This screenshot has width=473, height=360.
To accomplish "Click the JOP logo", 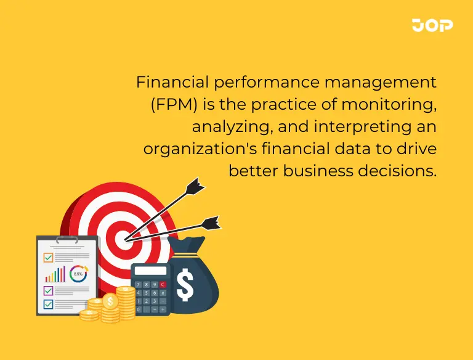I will point(432,25).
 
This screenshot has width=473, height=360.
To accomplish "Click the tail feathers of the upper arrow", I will point(195,184).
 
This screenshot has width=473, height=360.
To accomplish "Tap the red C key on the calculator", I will point(163,285).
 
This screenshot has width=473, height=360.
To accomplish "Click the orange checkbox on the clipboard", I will point(48,257).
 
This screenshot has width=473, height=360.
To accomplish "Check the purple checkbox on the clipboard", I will point(48,290).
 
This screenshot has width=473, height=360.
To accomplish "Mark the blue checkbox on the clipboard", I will point(48,303).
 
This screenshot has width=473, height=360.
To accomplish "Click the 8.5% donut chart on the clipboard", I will point(78,273).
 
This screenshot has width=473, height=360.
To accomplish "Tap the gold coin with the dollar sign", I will point(110,301).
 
